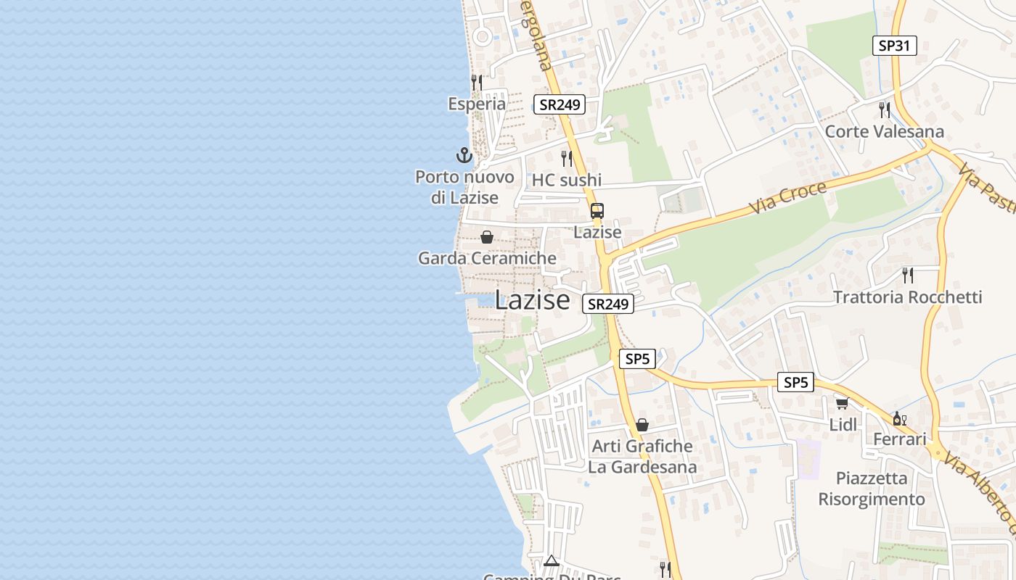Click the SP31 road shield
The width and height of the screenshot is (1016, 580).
tap(894, 46)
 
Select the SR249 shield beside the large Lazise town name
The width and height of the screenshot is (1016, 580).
tap(608, 304)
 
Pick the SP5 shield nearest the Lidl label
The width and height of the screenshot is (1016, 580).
tap(795, 382)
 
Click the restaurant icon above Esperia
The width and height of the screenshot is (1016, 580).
tap(477, 82)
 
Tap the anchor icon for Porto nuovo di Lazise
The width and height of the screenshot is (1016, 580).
tap(464, 154)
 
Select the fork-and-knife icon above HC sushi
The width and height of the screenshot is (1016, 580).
tap(567, 158)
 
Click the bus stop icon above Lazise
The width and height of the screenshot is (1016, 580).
tap(597, 211)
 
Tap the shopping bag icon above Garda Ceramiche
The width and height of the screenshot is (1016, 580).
tap(487, 237)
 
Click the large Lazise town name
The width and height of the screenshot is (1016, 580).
tap(533, 299)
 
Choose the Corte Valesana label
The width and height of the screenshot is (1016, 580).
tap(885, 131)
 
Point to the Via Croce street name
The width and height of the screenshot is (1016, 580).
tap(787, 197)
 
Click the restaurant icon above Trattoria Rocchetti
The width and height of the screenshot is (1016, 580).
tap(907, 275)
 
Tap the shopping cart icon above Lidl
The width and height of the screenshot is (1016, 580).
tap(842, 403)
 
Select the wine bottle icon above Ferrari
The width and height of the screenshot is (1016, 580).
tap(899, 418)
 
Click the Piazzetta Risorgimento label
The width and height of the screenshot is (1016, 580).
tap(872, 489)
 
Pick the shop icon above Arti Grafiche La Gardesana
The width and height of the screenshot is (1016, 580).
tap(642, 425)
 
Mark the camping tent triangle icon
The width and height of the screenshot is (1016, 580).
tap(552, 560)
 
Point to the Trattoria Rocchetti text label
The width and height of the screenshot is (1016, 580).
tap(907, 297)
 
